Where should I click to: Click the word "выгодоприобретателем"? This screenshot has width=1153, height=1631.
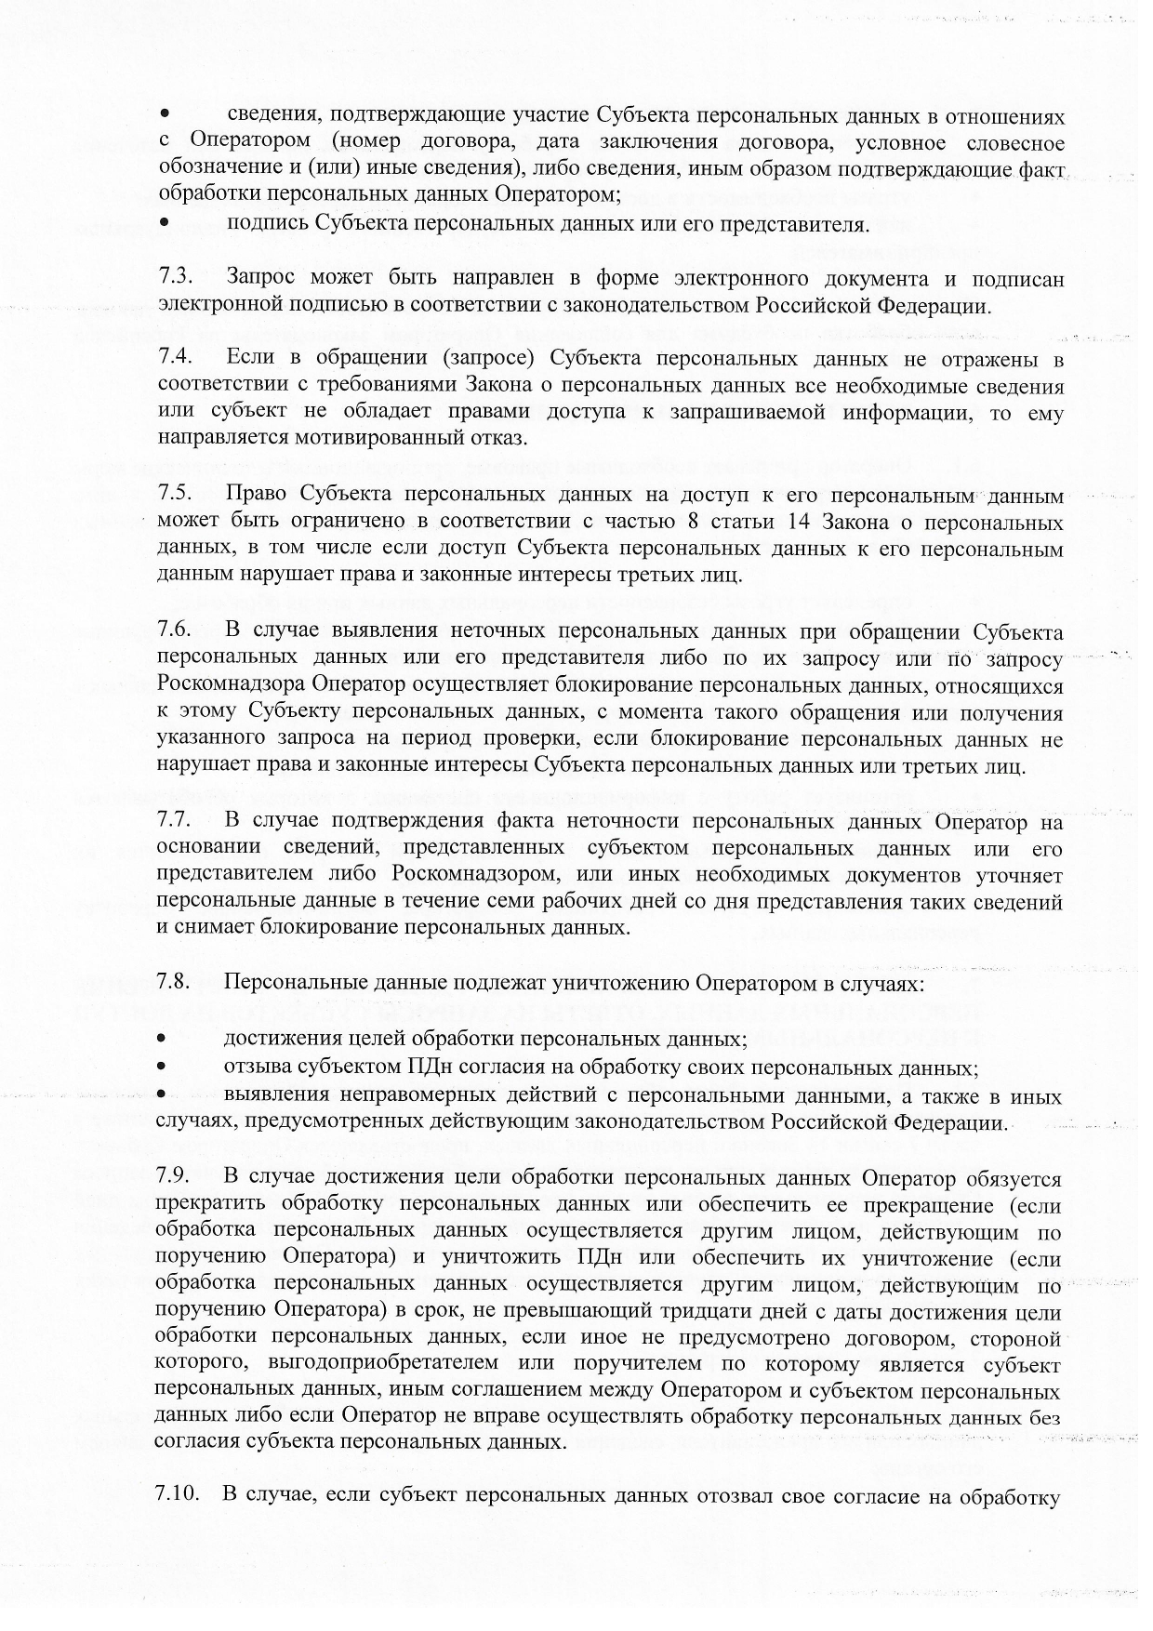tap(371, 1365)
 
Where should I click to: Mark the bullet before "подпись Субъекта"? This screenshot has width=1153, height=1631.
tap(164, 224)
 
